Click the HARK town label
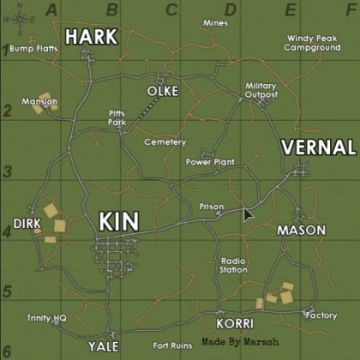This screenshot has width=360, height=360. [90, 36]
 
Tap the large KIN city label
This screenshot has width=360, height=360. [118, 221]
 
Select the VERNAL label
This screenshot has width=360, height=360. [318, 147]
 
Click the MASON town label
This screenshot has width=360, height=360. [301, 230]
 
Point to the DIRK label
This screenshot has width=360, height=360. [27, 224]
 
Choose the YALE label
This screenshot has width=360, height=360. [102, 346]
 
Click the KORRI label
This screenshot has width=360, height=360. [235, 323]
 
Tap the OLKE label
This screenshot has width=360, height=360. [163, 91]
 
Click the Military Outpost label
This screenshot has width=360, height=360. [261, 90]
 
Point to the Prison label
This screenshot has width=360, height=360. [211, 206]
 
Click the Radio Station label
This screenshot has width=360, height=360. [233, 265]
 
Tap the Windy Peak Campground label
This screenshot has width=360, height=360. [313, 43]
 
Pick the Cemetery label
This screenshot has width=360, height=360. [165, 141]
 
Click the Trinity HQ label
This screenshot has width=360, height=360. [46, 317]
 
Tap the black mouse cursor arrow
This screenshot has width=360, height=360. [248, 213]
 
